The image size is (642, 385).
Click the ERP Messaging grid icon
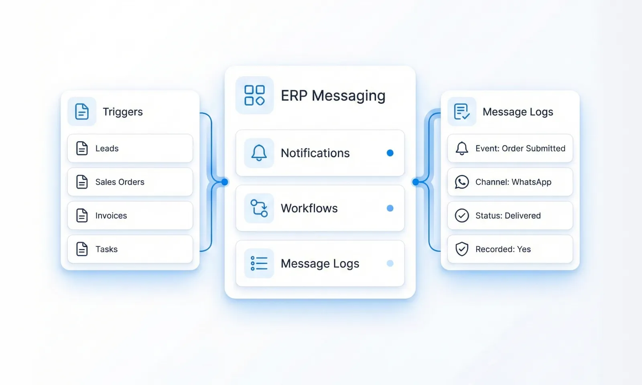coord(254,95)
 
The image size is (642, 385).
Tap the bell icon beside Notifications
coord(259,153)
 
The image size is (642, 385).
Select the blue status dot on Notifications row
coord(390,153)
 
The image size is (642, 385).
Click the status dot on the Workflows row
coord(390,208)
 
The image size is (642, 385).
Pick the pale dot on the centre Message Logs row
coord(390,263)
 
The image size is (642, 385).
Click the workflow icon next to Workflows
coord(259,208)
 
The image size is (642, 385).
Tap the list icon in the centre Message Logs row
coord(259,263)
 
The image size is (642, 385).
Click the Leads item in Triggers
coord(107,148)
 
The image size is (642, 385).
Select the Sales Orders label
coord(120,182)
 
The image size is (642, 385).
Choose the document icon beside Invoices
coord(82,215)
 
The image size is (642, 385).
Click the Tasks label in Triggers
coord(106,249)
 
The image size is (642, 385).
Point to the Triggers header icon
coord(82,111)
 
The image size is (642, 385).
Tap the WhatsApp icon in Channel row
coord(462,182)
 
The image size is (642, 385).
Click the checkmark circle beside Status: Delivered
coord(462,215)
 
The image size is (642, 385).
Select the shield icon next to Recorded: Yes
coord(462,249)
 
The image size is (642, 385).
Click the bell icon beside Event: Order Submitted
coord(462,148)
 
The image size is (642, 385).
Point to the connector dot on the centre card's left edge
coord(225,182)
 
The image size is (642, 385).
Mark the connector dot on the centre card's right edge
coord(416,182)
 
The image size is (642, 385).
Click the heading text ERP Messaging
coord(333,96)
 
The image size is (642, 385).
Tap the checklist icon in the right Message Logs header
coord(462,111)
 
